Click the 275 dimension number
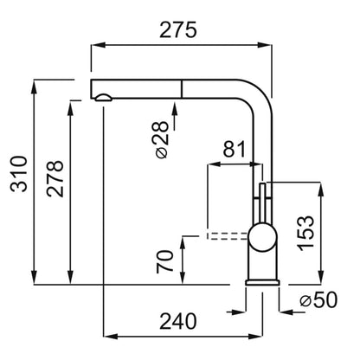[178, 30]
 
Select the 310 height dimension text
[19, 174]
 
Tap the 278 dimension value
[55, 179]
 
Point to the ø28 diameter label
[161, 139]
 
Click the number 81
[234, 149]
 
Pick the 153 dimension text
[305, 233]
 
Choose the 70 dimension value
[165, 261]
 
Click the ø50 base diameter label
[318, 300]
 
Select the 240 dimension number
[178, 321]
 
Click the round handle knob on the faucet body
[262, 237]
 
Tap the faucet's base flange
[262, 282]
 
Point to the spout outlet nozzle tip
[103, 98]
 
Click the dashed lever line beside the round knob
[228, 236]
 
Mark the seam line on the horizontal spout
[182, 89]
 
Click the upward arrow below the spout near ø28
[174, 116]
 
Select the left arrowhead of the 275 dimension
[97, 45]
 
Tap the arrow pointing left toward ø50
[292, 312]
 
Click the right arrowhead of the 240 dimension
[256, 337]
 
